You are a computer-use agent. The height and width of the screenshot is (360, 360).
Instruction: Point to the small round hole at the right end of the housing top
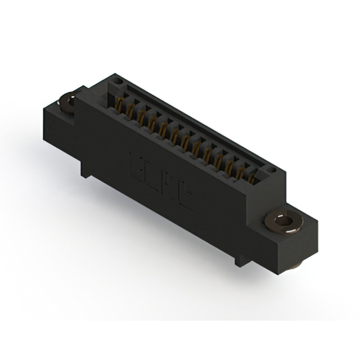(271, 169)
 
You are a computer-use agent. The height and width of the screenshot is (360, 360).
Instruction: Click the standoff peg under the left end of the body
(84, 170)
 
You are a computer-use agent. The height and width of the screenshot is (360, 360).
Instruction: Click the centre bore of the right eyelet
(284, 220)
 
